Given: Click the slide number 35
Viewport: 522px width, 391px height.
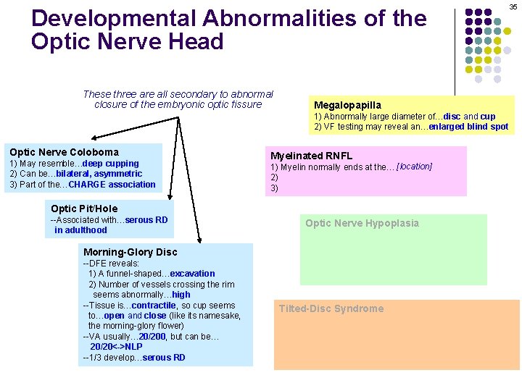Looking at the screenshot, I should click(513, 7).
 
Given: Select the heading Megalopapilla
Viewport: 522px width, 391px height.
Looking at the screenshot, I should click(347, 105).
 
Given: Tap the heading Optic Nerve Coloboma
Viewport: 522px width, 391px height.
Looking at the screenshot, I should click(64, 152).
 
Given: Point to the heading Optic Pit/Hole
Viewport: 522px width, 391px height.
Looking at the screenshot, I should click(84, 209).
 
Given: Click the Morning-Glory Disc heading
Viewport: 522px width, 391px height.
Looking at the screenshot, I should click(130, 252).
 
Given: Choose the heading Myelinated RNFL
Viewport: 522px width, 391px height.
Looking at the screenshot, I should click(311, 156).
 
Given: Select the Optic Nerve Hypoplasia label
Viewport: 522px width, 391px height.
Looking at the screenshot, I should click(362, 223).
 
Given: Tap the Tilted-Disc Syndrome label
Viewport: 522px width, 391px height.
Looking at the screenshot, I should click(331, 308).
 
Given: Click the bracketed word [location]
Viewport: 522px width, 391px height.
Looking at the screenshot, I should click(414, 167).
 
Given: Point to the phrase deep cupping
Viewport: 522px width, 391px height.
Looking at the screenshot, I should click(111, 163).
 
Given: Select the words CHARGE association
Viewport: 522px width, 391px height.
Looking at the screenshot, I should click(112, 185).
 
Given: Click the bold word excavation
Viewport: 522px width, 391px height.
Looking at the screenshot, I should click(192, 274).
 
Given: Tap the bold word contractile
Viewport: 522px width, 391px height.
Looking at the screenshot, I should click(154, 306).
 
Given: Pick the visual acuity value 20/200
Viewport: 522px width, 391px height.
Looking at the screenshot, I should click(154, 337).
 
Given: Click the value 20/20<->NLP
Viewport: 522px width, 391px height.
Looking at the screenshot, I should click(117, 347).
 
